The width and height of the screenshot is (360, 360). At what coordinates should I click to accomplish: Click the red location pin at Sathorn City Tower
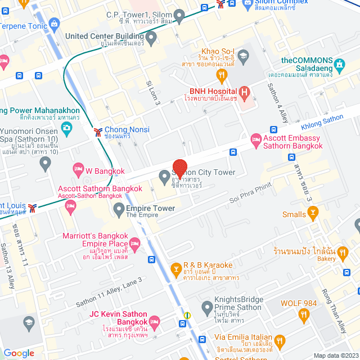coord(179,168)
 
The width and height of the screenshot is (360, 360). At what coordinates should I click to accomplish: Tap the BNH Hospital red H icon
coord(244,92)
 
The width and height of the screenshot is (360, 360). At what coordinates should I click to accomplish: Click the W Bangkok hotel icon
coord(78,169)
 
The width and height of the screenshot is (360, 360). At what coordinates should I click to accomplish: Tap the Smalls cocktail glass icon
coord(313,214)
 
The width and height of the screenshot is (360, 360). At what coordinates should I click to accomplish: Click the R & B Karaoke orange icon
coord(177,271)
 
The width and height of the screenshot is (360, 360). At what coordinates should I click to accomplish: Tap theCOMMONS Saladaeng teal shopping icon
coord(339,63)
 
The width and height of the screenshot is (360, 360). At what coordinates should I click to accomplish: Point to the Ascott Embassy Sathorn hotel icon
coord(256,139)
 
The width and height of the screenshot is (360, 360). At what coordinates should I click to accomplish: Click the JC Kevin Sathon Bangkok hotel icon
coord(154,321)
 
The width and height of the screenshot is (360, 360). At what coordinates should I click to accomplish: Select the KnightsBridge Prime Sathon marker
coord(207,307)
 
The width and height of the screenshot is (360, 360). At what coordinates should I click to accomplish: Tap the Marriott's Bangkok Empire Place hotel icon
coord(134,243)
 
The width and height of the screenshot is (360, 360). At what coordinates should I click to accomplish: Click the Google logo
coord(19,353)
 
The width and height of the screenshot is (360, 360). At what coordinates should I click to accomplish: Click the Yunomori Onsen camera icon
coord(67,128)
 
